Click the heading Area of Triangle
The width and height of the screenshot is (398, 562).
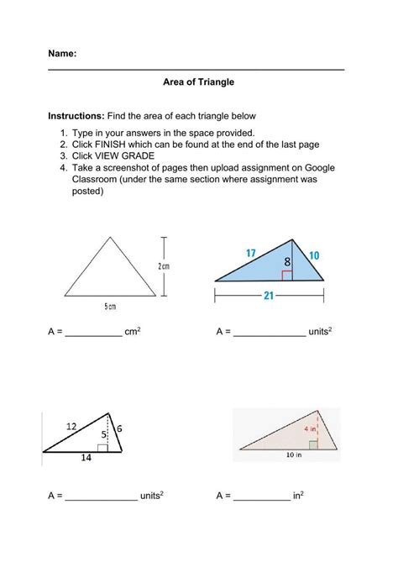click(x=198, y=82)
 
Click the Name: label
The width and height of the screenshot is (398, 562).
click(x=62, y=53)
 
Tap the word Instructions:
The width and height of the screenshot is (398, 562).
click(x=76, y=114)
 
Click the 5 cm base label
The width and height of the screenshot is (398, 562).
click(x=110, y=307)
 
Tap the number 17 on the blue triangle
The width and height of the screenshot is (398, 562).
click(x=251, y=253)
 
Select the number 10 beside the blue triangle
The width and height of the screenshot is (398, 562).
click(x=313, y=255)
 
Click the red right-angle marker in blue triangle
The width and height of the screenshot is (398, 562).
click(x=287, y=275)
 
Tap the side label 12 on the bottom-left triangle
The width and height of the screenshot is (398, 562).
click(x=72, y=427)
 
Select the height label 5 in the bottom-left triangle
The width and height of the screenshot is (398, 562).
click(x=102, y=434)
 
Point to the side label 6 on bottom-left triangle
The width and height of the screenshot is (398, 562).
click(x=119, y=428)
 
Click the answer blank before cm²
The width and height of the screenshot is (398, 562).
click(x=93, y=333)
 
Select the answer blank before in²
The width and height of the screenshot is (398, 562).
click(x=262, y=496)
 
